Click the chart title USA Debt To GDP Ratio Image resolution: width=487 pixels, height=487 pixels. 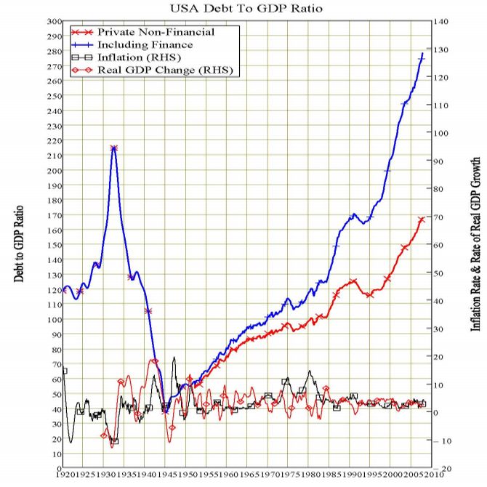coord(243,9)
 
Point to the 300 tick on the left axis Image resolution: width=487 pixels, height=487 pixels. coord(55,21)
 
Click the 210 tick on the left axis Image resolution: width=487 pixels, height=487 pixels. coord(55,155)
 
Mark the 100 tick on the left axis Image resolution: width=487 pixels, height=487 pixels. coord(55,318)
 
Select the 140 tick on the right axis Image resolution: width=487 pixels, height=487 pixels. coord(443,22)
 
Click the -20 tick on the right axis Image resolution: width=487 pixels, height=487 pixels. coord(442,467)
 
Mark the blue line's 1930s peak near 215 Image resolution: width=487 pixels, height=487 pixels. coord(114,148)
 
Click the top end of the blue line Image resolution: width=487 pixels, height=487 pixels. coord(423,53)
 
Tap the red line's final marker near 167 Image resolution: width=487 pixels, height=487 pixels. coord(421,220)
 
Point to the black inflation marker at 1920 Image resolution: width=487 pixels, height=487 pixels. coord(65,371)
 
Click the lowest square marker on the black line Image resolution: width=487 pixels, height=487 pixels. coord(114,441)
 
